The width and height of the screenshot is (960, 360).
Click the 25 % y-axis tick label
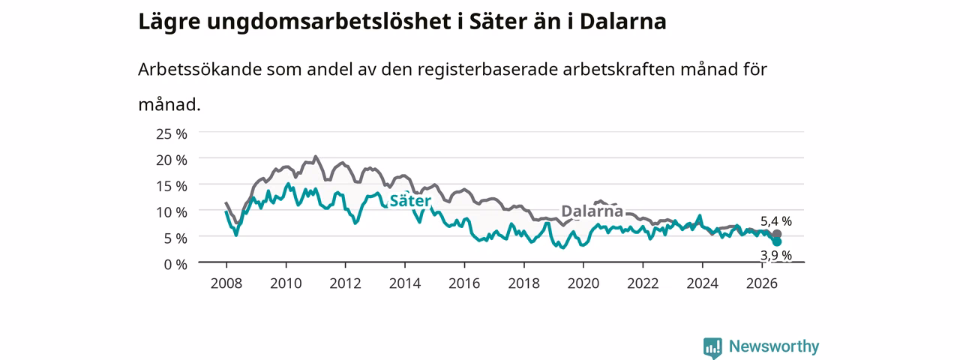point(172,134)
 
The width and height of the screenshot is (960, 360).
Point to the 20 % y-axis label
point(172,160)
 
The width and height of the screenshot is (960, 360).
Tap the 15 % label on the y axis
point(172,187)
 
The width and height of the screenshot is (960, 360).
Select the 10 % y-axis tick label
point(172,212)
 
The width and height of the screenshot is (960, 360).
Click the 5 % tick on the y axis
point(175,238)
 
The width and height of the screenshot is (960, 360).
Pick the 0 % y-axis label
point(175,265)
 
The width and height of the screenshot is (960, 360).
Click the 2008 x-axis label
point(226,283)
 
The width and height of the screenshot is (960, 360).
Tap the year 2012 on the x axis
point(346,283)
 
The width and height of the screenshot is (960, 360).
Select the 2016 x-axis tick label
point(464,283)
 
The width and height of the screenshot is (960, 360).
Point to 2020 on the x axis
point(583,283)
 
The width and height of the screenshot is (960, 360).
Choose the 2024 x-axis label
point(703,283)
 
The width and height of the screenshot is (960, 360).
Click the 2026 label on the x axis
point(762,283)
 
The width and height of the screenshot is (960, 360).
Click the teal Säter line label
point(410,200)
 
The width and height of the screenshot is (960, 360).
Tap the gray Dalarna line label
point(592,211)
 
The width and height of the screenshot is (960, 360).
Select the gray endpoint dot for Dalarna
point(776,234)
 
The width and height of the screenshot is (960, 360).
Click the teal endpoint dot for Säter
point(776,241)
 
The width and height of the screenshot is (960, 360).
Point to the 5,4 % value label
point(776,221)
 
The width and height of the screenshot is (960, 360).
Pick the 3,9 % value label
point(776,256)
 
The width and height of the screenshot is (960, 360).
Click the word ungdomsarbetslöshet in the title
point(328,22)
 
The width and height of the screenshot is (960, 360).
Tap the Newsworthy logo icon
point(712,347)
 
